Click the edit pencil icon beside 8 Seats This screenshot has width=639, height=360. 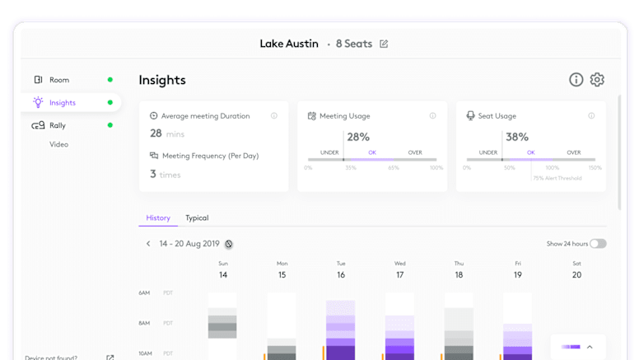385,44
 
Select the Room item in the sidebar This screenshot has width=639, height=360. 59,80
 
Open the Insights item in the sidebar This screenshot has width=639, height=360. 62,103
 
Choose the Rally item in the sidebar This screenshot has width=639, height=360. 57,125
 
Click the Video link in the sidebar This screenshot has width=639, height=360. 58,144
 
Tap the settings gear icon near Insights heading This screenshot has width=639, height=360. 598,80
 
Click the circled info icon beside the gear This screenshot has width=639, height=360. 576,80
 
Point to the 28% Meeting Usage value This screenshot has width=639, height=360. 358,137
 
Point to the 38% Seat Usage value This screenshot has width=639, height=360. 516,137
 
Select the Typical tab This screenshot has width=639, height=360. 197,218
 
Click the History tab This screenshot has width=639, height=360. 158,218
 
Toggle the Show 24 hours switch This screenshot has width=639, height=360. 598,244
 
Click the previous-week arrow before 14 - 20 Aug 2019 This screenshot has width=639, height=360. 148,244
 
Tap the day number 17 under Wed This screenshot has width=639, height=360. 400,275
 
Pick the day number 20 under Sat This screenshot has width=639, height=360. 576,275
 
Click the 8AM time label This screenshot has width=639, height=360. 145,323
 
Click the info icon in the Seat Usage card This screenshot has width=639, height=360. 591,116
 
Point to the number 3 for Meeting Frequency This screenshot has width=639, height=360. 153,174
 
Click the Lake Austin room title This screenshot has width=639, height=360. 289,44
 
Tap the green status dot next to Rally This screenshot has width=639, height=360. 110,125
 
